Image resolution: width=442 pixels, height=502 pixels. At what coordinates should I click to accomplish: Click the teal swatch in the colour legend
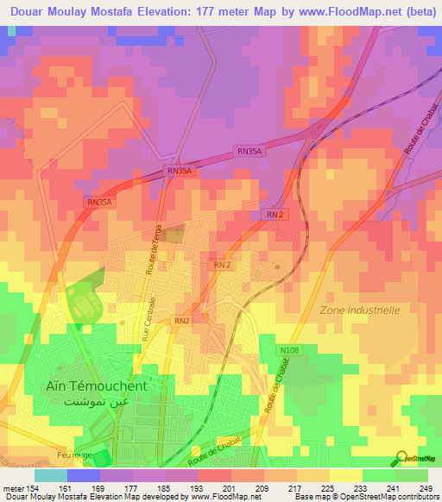coord(50,475)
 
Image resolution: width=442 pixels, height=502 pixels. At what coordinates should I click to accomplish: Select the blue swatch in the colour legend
coord(83,475)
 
